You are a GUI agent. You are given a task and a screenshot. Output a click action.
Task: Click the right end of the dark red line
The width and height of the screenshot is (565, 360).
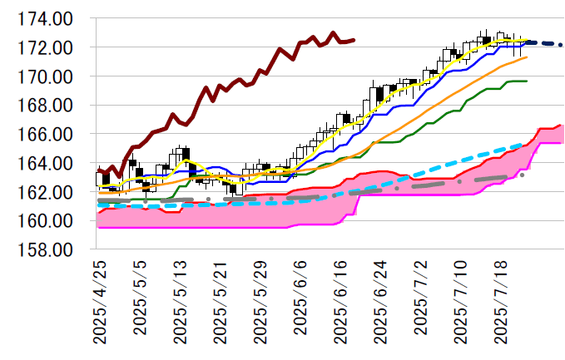(354, 39)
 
